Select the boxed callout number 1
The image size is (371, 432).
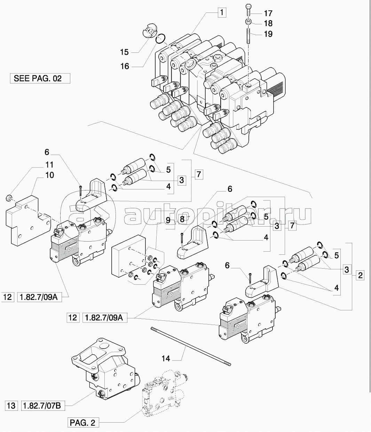coord(221,13)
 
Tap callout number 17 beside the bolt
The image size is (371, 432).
coord(268,14)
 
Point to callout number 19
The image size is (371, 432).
coord(268,34)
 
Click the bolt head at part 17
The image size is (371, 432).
coord(247,7)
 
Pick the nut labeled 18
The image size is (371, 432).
coord(247,22)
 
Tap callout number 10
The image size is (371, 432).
coord(49,175)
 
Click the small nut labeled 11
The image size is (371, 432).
coord(10,198)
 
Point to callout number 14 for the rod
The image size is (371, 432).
coord(166,358)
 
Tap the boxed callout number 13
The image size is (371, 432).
coord(11,405)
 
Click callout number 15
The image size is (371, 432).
coord(124,52)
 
